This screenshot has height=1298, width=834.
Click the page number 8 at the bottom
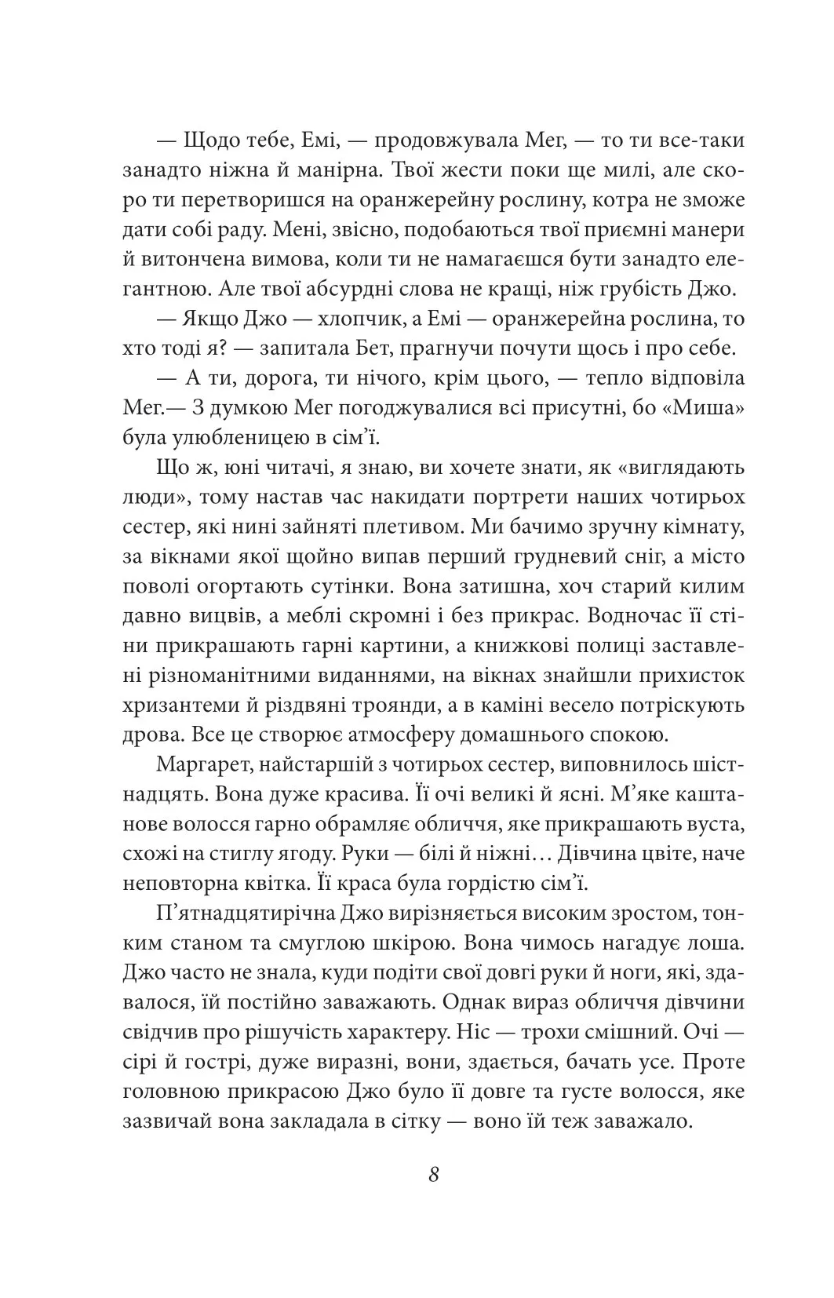434,1197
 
